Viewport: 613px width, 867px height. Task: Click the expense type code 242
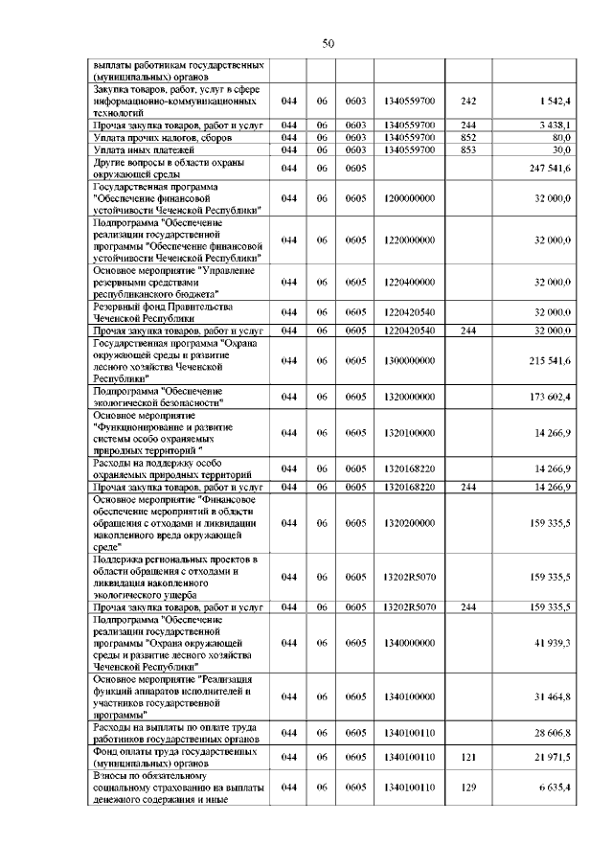(467, 100)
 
